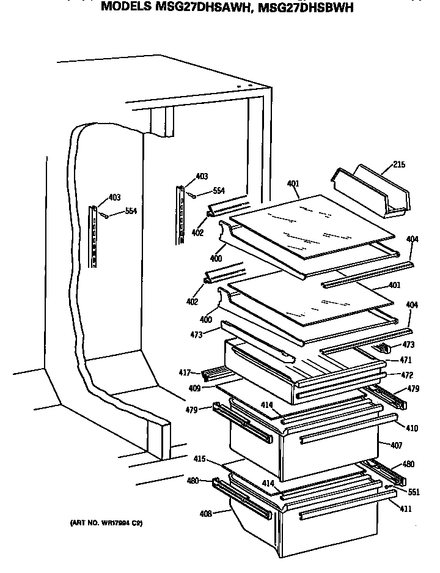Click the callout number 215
click(x=398, y=165)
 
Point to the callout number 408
click(x=205, y=513)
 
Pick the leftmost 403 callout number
click(x=114, y=197)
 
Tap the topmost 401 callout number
click(x=293, y=183)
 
